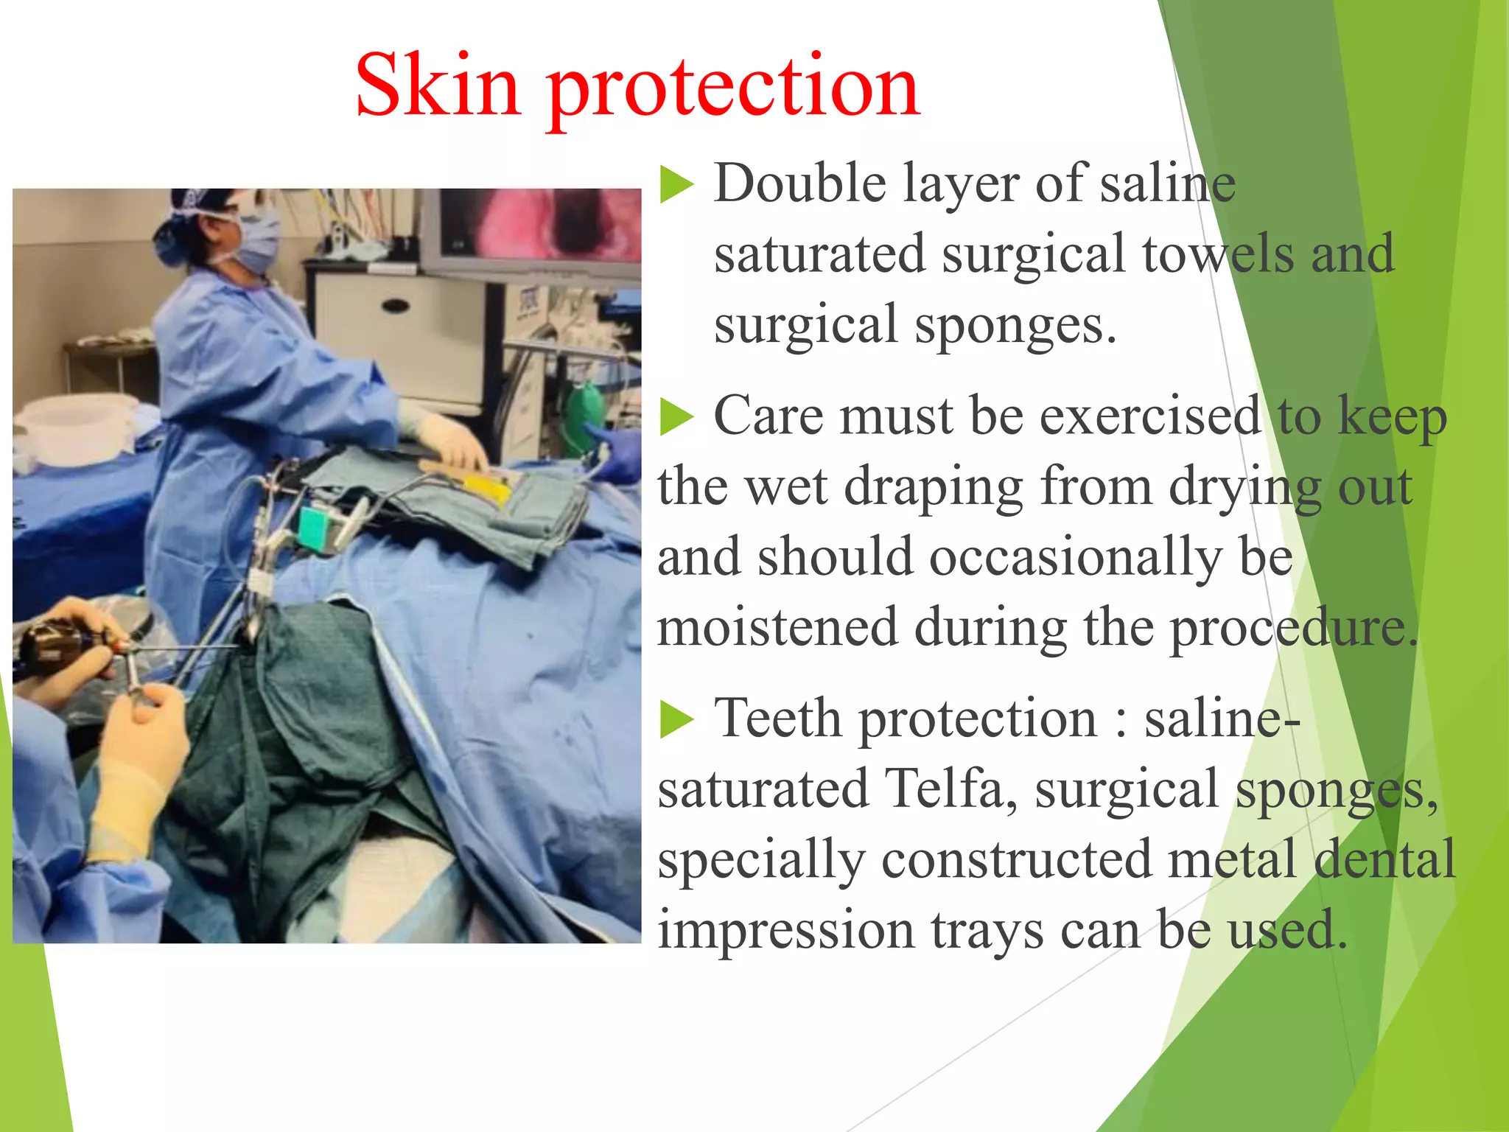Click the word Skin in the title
[x=438, y=87]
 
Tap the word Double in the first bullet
[x=799, y=184]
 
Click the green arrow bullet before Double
[x=676, y=185]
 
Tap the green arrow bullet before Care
[x=676, y=418]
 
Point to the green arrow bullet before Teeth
[x=676, y=720]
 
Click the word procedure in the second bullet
[x=1293, y=628]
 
